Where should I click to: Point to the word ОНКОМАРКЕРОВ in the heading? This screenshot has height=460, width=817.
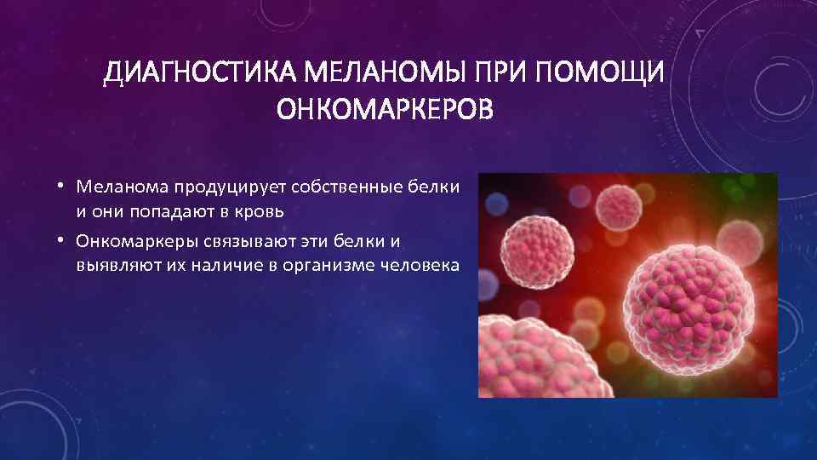click(x=386, y=112)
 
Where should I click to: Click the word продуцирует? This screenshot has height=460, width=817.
click(x=220, y=187)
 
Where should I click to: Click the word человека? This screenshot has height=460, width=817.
click(x=420, y=265)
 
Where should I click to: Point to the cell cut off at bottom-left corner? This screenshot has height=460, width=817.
click(x=523, y=362)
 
